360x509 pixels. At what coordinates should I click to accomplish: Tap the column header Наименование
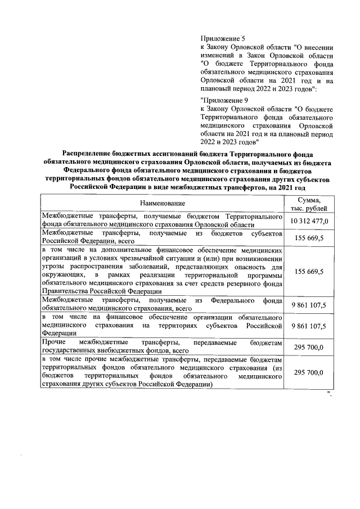pos(163,202)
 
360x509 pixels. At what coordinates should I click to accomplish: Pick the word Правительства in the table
pos(64,291)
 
